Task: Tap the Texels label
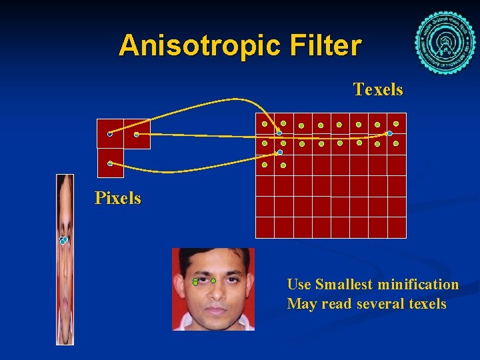pyautogui.click(x=378, y=89)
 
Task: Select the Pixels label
pyautogui.click(x=118, y=198)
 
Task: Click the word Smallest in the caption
pyautogui.click(x=343, y=285)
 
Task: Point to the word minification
pyautogui.click(x=418, y=285)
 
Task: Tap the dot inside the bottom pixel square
pyautogui.click(x=110, y=163)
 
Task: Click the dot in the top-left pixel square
pyautogui.click(x=110, y=134)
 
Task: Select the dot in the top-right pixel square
pyautogui.click(x=137, y=134)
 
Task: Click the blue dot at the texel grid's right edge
pyautogui.click(x=390, y=133)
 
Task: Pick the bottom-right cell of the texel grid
pyautogui.click(x=397, y=227)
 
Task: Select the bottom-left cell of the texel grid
pyautogui.click(x=265, y=227)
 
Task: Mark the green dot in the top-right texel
pyautogui.click(x=396, y=123)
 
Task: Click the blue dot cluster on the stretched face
pyautogui.click(x=63, y=240)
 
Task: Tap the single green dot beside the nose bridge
pyautogui.click(x=213, y=281)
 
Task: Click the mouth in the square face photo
pyautogui.click(x=215, y=310)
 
